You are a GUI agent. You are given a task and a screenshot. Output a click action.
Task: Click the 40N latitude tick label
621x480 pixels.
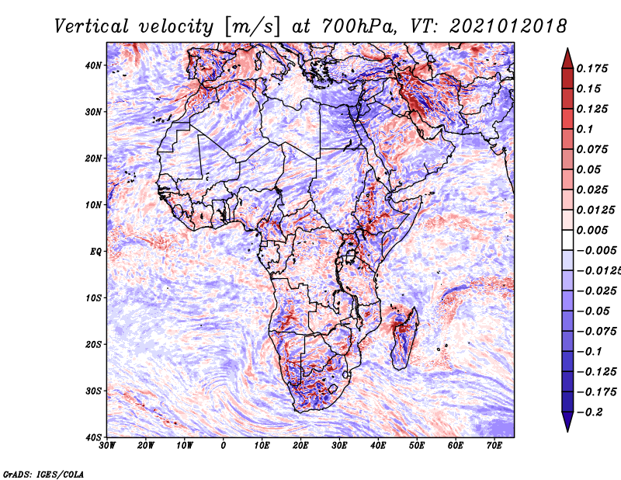point(93,65)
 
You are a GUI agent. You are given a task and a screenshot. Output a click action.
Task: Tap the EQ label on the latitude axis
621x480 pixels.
point(95,252)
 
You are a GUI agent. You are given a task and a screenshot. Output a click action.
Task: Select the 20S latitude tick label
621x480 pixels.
point(93,344)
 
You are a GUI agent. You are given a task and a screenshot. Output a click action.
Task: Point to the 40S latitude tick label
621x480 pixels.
point(93,437)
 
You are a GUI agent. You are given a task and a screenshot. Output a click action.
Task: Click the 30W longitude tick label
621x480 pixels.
point(107,445)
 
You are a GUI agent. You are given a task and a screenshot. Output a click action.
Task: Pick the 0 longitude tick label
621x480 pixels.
point(223,445)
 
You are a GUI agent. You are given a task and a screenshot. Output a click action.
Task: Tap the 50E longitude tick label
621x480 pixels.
point(417,445)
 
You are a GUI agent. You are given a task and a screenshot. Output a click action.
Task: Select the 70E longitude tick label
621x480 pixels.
point(494,445)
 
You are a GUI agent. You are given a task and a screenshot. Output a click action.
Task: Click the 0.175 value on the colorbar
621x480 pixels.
point(592,68)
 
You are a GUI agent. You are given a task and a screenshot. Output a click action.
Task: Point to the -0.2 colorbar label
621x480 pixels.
point(590,412)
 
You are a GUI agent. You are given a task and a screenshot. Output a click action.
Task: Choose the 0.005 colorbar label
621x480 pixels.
point(592,230)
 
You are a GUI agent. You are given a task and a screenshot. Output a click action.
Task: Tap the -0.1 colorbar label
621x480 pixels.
point(590,351)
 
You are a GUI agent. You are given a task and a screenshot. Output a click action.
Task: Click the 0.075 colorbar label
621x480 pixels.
point(592,149)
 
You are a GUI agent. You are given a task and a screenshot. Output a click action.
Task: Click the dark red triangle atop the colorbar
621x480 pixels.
point(567,60)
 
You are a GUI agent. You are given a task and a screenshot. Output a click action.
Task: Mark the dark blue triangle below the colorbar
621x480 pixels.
point(567,421)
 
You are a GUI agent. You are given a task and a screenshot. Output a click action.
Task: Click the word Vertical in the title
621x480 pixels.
point(92,26)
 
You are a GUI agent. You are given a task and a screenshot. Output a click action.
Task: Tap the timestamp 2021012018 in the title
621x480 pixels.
point(508,26)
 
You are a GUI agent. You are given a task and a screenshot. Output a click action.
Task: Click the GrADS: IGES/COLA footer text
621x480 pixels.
point(43,474)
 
